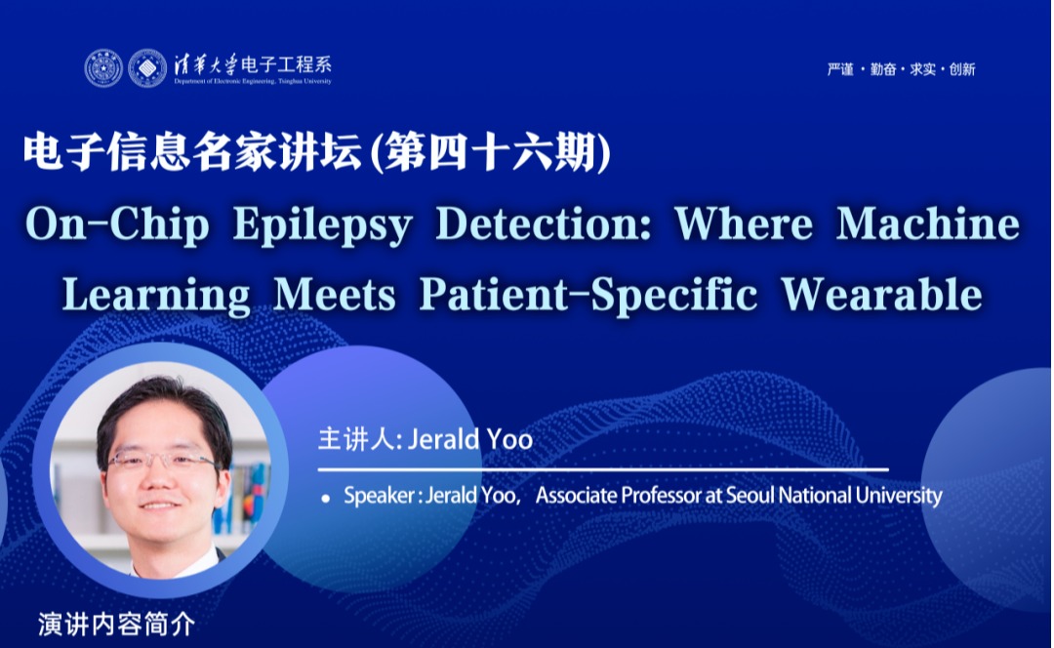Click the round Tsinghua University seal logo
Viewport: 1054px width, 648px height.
pyautogui.click(x=103, y=68)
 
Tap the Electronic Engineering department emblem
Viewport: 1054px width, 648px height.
pyautogui.click(x=147, y=68)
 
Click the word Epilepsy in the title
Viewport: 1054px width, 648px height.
pyautogui.click(x=323, y=225)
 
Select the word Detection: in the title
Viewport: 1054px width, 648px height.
pyautogui.click(x=544, y=223)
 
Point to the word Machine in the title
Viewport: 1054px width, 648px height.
pyautogui.click(x=928, y=223)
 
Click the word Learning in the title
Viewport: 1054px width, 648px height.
pyautogui.click(x=156, y=297)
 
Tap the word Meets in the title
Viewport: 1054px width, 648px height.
pyautogui.click(x=335, y=295)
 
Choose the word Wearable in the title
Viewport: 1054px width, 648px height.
pyautogui.click(x=882, y=295)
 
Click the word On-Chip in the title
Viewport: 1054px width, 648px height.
pyautogui.click(x=118, y=225)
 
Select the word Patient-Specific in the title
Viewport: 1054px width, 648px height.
pyautogui.click(x=588, y=296)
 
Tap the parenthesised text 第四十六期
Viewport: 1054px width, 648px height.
pyautogui.click(x=491, y=152)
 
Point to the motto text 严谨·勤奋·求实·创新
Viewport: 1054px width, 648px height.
pyautogui.click(x=901, y=69)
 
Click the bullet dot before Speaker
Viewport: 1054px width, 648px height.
pyautogui.click(x=326, y=498)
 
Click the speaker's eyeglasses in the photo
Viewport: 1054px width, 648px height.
pyautogui.click(x=161, y=461)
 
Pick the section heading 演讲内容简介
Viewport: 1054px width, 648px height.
pyautogui.click(x=117, y=625)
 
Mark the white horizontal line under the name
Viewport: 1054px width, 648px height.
pyautogui.click(x=603, y=469)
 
